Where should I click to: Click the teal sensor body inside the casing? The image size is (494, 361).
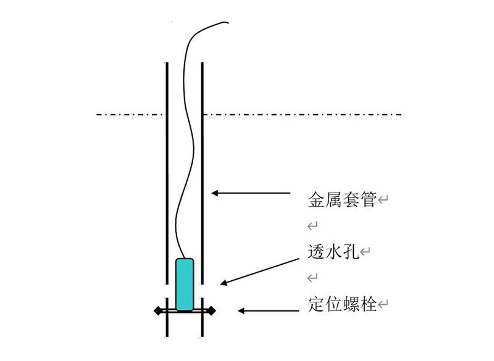coord(185,284)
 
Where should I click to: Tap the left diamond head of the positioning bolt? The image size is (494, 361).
coord(158,311)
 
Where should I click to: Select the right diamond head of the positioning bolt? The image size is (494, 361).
coord(211,311)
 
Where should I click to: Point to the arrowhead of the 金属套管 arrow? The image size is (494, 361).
coord(215,193)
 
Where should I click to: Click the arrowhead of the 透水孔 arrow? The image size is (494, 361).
coord(224,282)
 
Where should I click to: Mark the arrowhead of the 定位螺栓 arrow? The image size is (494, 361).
coord(241,311)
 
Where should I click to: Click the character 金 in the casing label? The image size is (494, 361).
coord(316,199)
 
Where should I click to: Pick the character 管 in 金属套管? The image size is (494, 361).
coord(368,199)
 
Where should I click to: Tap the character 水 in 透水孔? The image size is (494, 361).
coord(333,252)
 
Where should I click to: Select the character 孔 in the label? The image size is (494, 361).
coord(351,252)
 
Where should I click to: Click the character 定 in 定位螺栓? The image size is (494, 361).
coord(316,304)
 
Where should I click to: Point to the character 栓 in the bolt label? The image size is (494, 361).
coord(368,304)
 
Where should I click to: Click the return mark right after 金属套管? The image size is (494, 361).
coord(383,199)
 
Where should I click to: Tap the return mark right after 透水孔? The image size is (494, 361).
coord(365,252)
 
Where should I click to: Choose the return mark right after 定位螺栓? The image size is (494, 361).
coord(383,304)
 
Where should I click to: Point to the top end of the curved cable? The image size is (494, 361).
coord(227,22)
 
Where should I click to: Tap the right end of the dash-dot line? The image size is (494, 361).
coord(401,114)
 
